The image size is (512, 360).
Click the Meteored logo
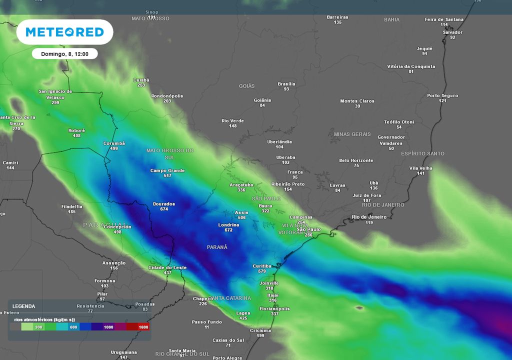point(64,32)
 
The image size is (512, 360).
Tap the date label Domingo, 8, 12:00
point(64,53)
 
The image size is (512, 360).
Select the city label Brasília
point(286,84)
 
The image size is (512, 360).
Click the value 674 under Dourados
point(164,209)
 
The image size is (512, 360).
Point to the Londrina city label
point(229,225)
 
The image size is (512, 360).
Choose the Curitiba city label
point(262,266)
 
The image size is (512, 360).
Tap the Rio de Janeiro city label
point(369,217)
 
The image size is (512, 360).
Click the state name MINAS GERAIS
point(352,134)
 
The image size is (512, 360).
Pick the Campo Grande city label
point(167,170)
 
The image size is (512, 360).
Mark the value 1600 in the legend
point(144,327)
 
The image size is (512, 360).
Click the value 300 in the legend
point(38,327)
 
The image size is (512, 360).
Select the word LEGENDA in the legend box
point(24,306)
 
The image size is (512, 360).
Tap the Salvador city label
point(452,32)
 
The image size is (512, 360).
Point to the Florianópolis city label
point(274,309)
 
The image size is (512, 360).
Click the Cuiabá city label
point(141,80)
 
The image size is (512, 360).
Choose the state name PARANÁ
point(217,247)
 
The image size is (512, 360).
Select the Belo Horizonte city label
point(356,160)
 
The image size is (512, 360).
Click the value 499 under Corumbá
point(114,148)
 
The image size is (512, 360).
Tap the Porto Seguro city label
point(442,95)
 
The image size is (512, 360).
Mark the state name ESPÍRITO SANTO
point(422,153)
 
